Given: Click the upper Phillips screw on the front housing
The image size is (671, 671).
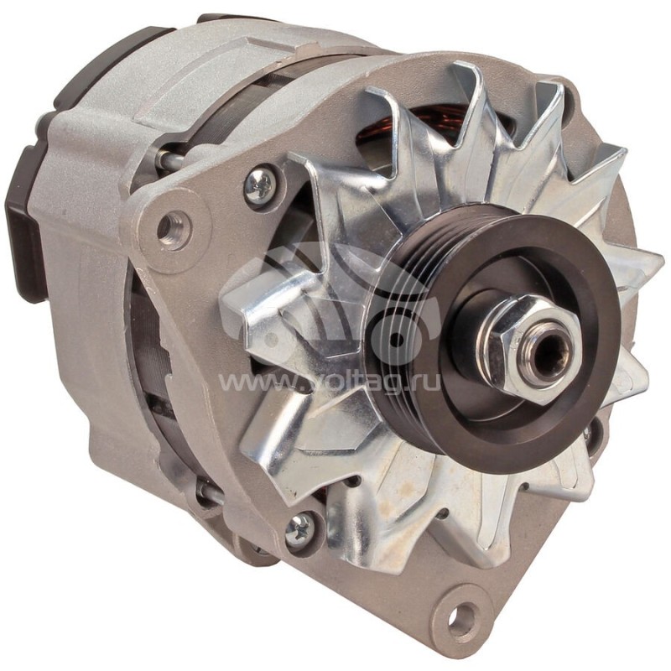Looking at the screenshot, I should click(x=261, y=185).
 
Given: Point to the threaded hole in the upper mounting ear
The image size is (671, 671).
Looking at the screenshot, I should click(x=174, y=227).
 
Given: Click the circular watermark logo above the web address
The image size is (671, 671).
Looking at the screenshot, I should click(x=335, y=310).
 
